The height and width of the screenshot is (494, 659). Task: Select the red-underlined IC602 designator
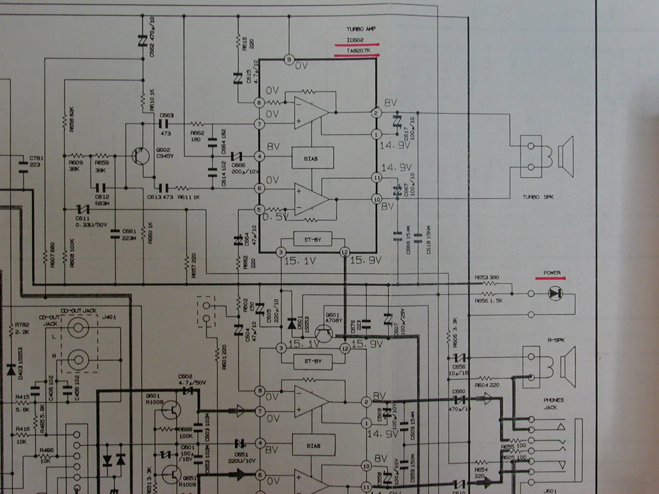coord(355,40)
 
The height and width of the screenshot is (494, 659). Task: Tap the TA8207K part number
coord(357,51)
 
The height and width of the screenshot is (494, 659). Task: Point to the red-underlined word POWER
coord(552,273)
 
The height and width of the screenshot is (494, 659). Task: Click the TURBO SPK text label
coord(538,197)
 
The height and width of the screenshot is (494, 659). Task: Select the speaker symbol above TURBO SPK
coord(566,152)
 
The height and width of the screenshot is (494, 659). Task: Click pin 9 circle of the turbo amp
coord(289,60)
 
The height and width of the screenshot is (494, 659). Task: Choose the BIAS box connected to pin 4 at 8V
coord(311,158)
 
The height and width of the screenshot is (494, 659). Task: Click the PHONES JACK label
coord(553,403)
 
